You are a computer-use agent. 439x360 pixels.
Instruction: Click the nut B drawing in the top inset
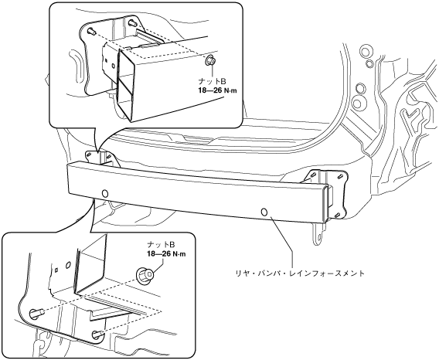[210, 60]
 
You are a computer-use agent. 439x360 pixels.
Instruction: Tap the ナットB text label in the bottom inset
[162, 245]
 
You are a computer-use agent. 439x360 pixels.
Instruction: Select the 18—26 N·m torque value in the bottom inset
[167, 254]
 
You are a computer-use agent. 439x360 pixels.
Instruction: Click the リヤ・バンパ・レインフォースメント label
[300, 273]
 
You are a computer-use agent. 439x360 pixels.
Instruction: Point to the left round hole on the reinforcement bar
[105, 193]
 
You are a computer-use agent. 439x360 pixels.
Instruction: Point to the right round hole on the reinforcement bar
[264, 212]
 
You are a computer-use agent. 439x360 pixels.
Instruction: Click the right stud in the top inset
[131, 22]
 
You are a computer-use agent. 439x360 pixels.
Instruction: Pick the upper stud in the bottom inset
[36, 312]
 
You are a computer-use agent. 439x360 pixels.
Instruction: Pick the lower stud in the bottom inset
[97, 334]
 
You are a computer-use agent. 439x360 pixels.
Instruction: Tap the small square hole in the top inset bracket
[107, 60]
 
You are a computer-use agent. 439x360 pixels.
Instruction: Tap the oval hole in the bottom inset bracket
[68, 264]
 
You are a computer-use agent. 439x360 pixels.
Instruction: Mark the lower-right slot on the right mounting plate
[338, 215]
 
